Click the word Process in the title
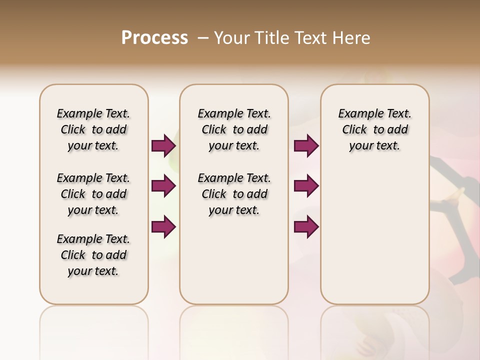[154, 38]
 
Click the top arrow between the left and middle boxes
[163, 145]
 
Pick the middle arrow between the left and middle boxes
[163, 186]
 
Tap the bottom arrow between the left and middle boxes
[163, 226]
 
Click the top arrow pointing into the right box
[306, 145]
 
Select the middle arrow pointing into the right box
[306, 186]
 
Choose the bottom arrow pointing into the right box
[306, 226]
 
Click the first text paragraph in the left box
[93, 129]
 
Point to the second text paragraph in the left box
[93, 194]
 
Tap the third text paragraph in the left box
[93, 255]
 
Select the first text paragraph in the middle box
[234, 129]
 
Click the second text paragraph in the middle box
[234, 194]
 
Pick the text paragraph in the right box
[375, 129]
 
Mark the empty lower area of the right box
[375, 235]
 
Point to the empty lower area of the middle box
[234, 260]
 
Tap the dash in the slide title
[202, 38]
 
